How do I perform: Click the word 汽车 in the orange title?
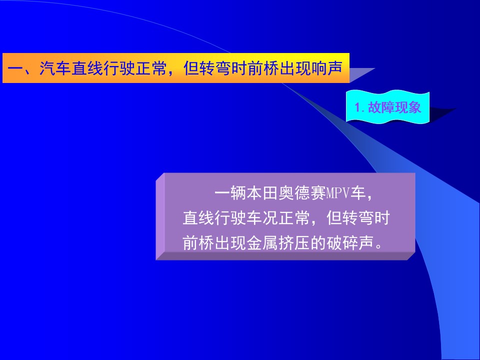[x=55, y=68]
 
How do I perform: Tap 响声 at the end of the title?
[x=326, y=68]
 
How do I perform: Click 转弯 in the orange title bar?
[x=215, y=68]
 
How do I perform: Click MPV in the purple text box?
[x=338, y=193]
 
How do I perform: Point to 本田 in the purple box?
[x=262, y=193]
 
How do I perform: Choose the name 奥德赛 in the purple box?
[x=302, y=193]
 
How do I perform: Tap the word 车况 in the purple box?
[x=262, y=218]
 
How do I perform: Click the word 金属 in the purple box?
[x=262, y=243]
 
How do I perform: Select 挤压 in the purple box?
[x=294, y=243]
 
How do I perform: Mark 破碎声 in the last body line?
[x=350, y=243]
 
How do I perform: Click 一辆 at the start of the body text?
[x=230, y=193]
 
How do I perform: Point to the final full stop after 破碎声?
[x=379, y=246]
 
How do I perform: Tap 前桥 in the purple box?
[x=198, y=243]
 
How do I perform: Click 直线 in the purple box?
[x=198, y=218]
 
